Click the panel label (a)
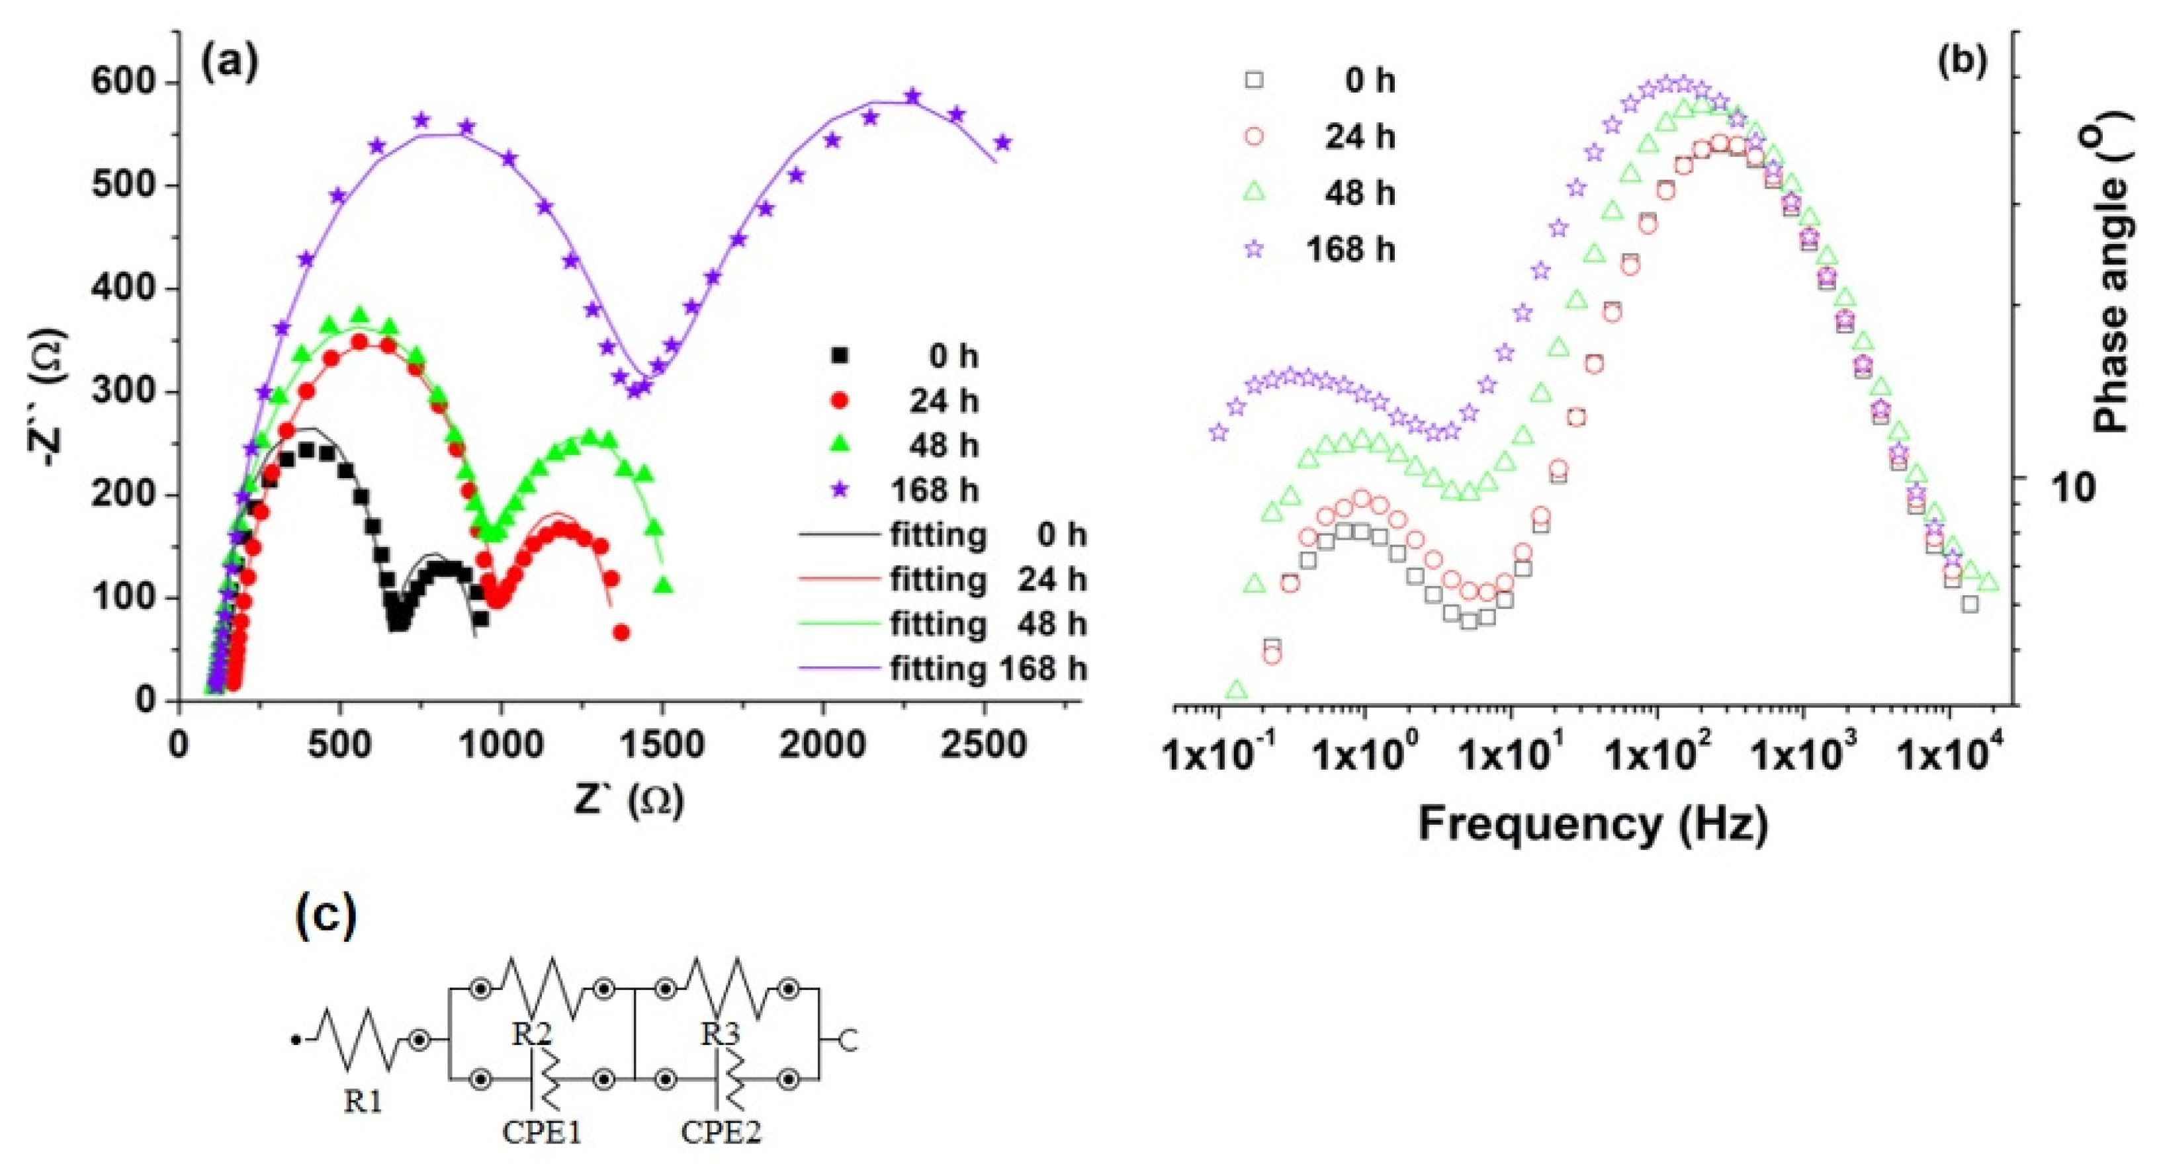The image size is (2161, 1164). coord(229,63)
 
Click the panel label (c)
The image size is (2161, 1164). coord(326,917)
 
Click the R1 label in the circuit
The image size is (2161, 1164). coord(363,1101)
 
